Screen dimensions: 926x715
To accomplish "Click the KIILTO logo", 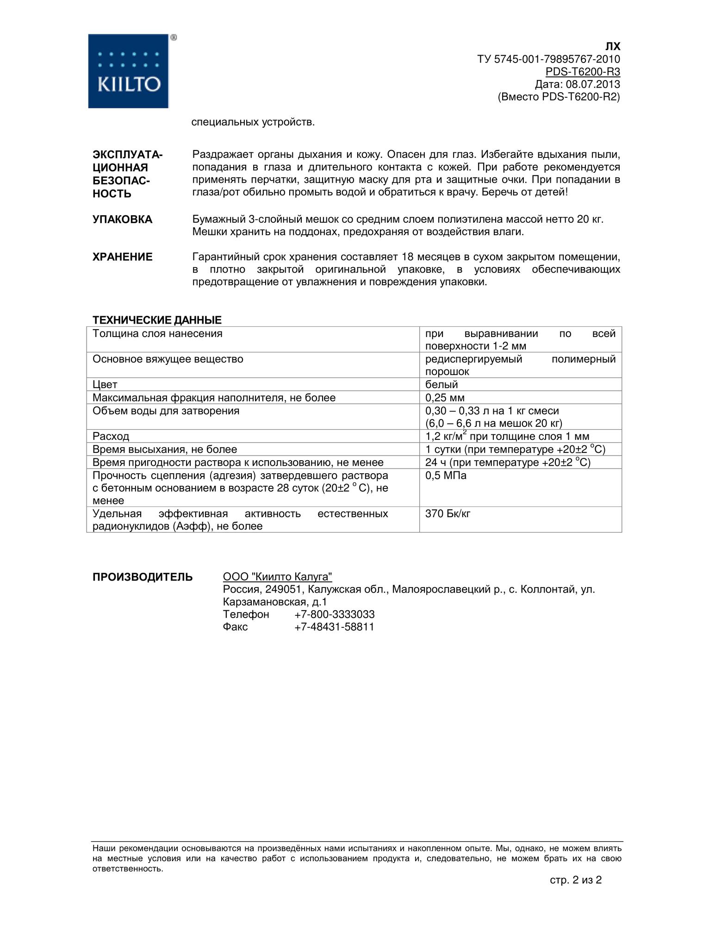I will [128, 71].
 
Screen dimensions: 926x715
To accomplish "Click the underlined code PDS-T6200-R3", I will [583, 72].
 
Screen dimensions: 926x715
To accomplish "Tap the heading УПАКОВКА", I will [122, 219].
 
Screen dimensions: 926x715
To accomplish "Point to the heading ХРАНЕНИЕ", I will [122, 257].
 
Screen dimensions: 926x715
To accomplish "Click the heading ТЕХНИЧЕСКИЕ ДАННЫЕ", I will [157, 320].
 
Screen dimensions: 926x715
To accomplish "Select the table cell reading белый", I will [441, 384].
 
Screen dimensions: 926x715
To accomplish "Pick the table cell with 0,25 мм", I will [445, 398].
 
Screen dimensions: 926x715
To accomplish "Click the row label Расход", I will [111, 436].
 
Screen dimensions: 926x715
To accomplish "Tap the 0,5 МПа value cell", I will [446, 476].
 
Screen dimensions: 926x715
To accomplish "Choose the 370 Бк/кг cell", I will [448, 513].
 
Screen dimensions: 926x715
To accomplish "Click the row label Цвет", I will [105, 384].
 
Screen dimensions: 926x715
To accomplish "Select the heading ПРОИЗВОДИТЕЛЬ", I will [143, 577].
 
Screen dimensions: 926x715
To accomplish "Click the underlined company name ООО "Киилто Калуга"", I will [277, 577].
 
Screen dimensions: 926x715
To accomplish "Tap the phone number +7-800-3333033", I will [334, 614].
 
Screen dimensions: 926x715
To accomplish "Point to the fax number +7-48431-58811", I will [334, 627].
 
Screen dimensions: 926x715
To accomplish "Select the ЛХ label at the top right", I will [613, 47].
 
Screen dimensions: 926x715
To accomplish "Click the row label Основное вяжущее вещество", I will [168, 359].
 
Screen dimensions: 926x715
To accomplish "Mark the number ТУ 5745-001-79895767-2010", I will [548, 59].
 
